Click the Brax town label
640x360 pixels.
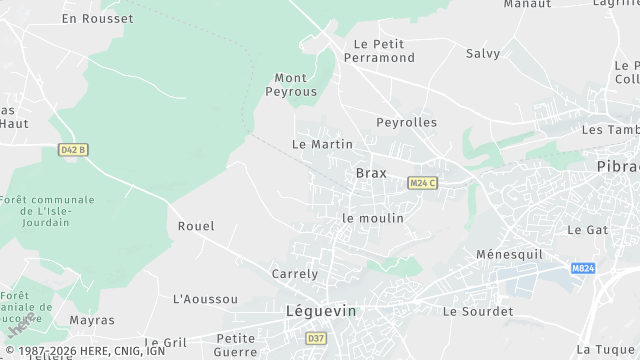(x=371, y=173)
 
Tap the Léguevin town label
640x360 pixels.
(x=320, y=311)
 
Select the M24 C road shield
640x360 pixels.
(x=421, y=183)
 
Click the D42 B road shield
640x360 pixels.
(x=72, y=150)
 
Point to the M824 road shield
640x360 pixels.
(x=584, y=269)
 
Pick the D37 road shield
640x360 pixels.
(x=317, y=338)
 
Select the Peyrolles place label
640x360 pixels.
(x=406, y=122)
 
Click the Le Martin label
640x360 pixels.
(x=322, y=144)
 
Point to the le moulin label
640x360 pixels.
(x=373, y=217)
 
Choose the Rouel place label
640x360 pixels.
(x=196, y=226)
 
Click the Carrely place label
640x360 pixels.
(x=295, y=273)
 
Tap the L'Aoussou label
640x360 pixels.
(x=206, y=299)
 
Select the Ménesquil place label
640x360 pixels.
(x=508, y=253)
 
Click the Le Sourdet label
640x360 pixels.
(x=477, y=311)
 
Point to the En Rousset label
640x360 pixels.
(x=97, y=18)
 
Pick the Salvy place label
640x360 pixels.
(x=483, y=53)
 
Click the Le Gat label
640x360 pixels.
(x=588, y=229)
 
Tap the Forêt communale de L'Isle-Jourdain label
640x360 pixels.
(x=48, y=211)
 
